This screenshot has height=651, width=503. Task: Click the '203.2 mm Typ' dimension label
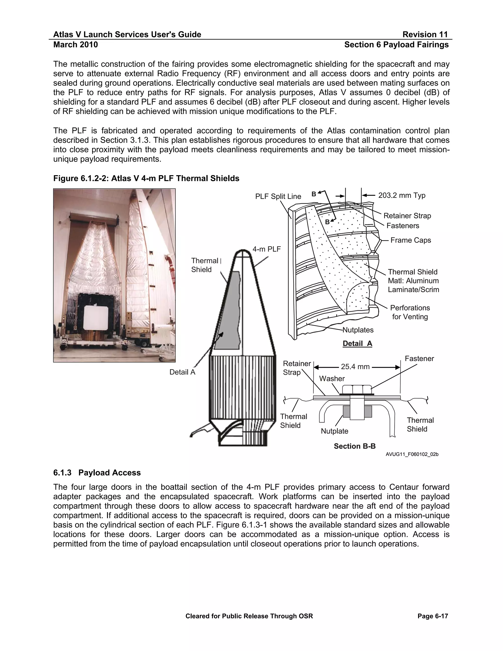point(401,196)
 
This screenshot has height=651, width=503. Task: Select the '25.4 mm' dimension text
point(355,367)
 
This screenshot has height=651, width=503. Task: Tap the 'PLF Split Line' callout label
point(278,197)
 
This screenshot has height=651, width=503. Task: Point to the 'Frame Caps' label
point(410,240)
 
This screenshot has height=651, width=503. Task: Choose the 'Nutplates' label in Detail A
point(358,330)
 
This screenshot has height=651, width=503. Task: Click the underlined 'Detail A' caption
point(357,343)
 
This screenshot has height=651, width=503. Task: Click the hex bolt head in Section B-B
point(357,389)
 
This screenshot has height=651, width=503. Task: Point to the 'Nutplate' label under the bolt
point(334,431)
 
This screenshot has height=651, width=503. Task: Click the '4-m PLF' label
point(266,249)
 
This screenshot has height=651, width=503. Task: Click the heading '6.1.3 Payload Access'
point(97,473)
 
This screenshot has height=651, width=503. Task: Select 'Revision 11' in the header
point(425,35)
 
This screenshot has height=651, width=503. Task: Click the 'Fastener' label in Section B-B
point(419,359)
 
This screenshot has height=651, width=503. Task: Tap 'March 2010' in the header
point(75,45)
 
